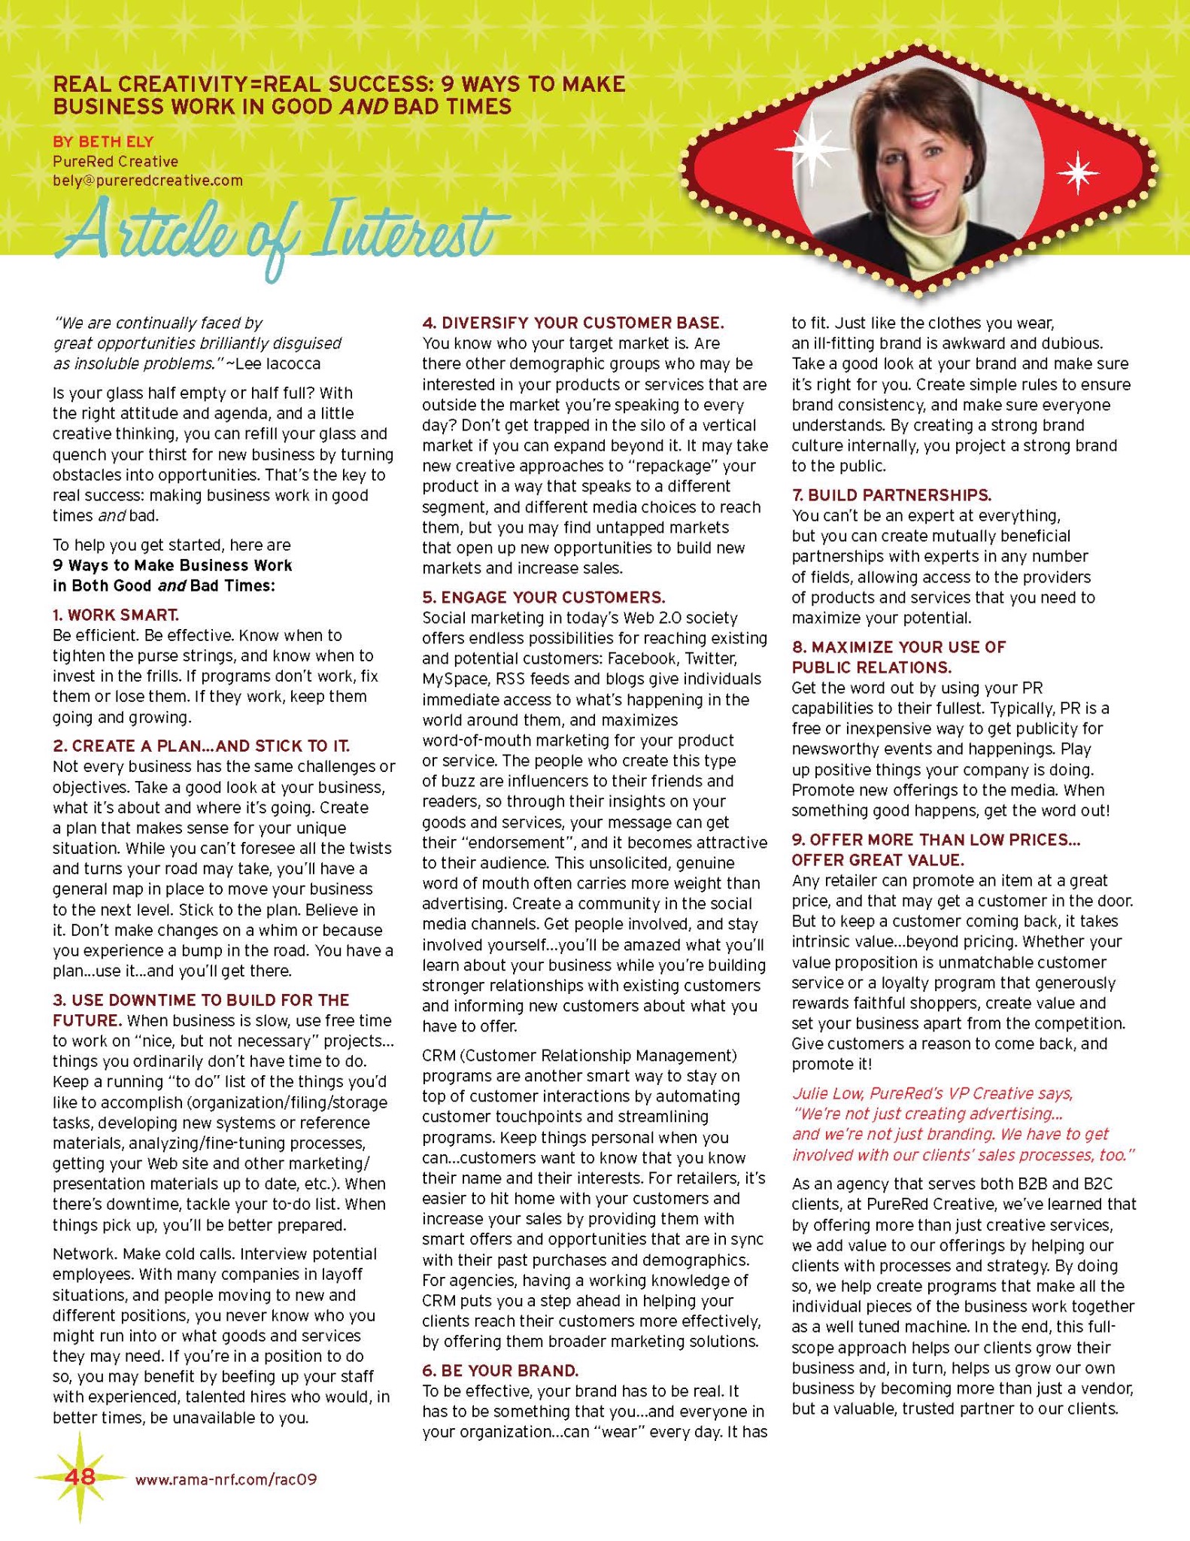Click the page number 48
pos(80,1476)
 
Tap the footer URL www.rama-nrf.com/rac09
pos(226,1479)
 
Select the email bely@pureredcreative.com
pos(147,181)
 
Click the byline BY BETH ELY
pos(102,141)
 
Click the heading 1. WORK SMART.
pos(116,615)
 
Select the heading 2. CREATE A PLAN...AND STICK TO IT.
pos(201,746)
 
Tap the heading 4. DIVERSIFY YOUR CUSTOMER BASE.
pos(572,323)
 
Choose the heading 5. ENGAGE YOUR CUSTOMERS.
pos(543,597)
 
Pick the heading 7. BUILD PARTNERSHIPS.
pos(891,495)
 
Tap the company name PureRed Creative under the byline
pos(115,161)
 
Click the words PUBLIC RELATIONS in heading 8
pos(871,667)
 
